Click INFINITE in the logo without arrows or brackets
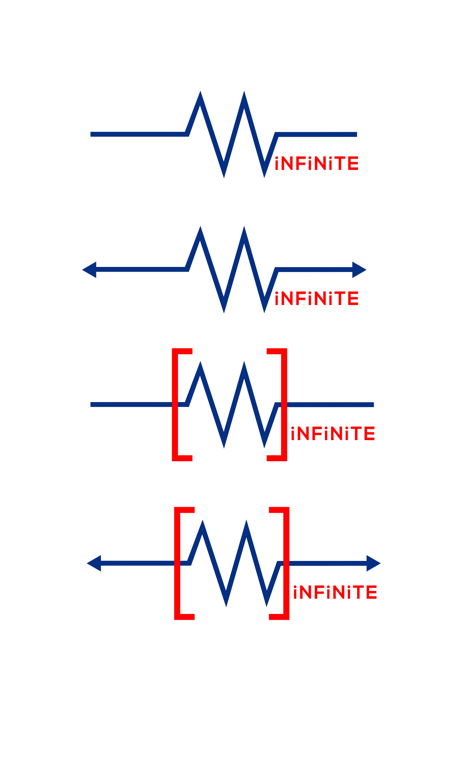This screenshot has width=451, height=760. point(316,163)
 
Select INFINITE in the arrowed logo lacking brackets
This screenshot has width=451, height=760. point(316,298)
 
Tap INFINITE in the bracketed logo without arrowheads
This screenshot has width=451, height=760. point(333,434)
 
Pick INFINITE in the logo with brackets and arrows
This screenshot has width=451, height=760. point(335,592)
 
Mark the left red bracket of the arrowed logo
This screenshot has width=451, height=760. point(177,564)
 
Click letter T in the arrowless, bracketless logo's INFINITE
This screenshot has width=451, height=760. point(341,163)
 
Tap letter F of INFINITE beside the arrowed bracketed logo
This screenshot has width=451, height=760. point(320,592)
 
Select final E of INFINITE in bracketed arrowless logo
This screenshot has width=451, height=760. point(369,434)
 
